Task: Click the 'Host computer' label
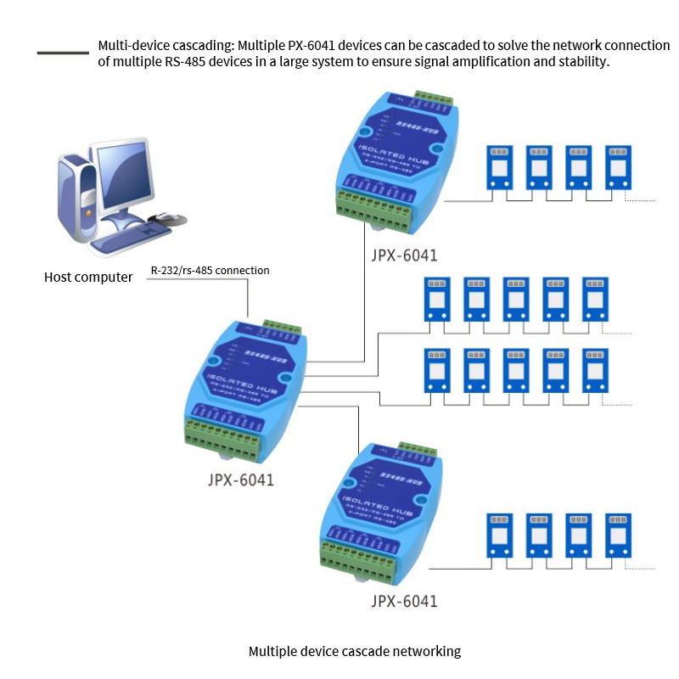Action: tap(88, 278)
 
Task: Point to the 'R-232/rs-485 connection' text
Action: tap(210, 271)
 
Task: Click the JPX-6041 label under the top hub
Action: tap(404, 254)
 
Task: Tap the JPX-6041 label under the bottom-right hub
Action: tap(404, 602)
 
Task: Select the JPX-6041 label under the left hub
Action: tap(241, 480)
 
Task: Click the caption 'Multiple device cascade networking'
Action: tap(354, 651)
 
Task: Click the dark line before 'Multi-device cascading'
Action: tap(63, 53)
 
